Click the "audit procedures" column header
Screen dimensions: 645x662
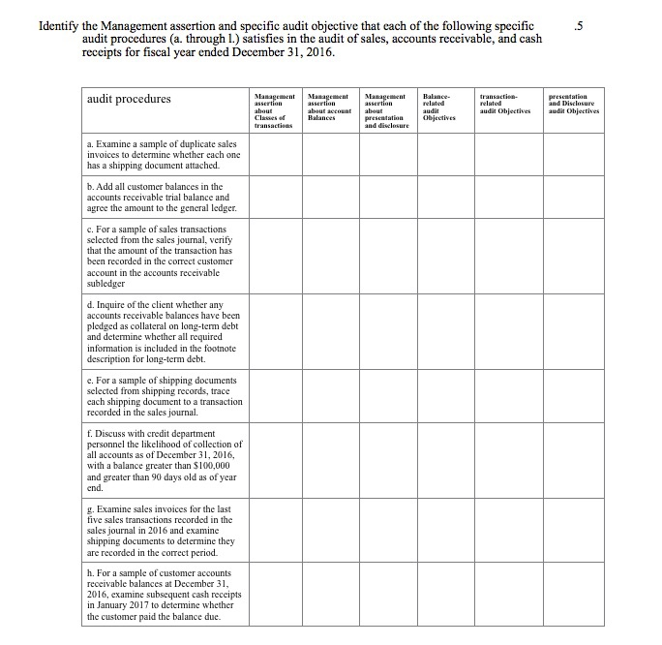(x=129, y=99)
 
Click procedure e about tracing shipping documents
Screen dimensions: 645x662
(x=165, y=395)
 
